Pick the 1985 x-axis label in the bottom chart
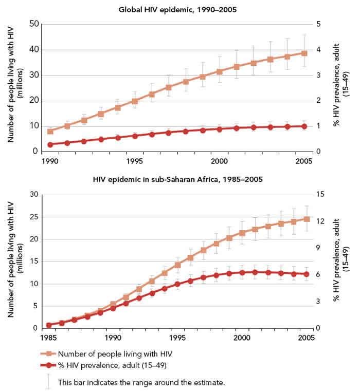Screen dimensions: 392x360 48,338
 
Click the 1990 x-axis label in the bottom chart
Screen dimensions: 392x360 113,338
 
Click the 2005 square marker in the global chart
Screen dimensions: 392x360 304,53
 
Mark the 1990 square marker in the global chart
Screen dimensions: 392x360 50,132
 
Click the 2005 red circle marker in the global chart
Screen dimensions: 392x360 304,126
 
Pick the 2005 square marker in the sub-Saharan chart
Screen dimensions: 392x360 307,219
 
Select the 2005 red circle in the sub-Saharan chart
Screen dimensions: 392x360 307,274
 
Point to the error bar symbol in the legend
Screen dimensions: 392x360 49,381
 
